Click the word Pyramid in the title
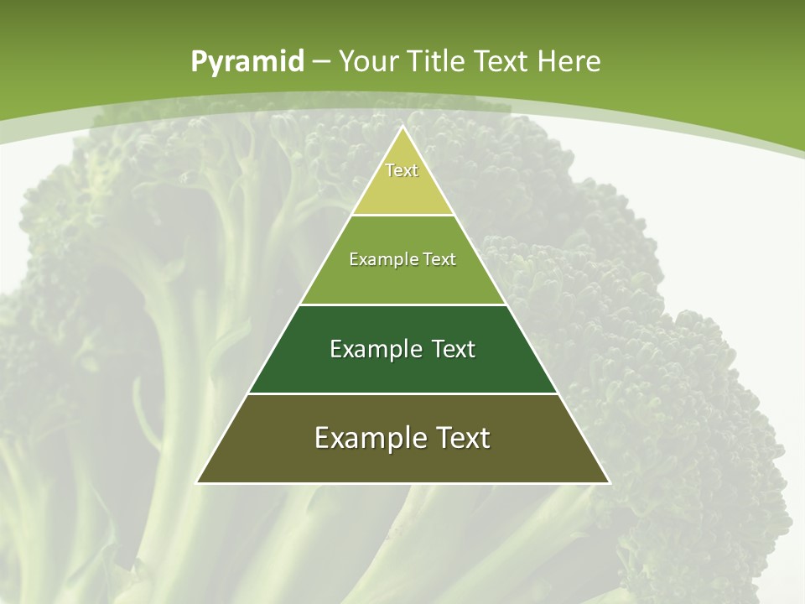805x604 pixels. (x=247, y=62)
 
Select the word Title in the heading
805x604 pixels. (x=439, y=61)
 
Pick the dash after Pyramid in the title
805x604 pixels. (x=321, y=62)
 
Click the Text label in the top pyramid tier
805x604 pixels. (x=402, y=170)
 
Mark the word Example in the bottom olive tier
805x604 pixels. (x=366, y=438)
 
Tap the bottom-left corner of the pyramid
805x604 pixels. (x=197, y=482)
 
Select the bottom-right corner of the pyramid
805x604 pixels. (x=609, y=482)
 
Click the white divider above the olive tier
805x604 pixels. (x=403, y=393)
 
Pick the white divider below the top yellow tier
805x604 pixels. (x=403, y=215)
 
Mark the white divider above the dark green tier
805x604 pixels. (x=403, y=305)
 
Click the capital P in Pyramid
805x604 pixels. (x=199, y=62)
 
